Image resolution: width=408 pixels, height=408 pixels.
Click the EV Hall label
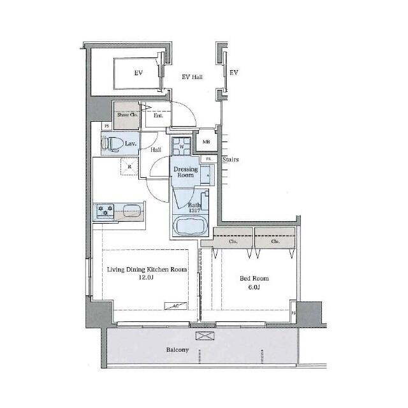click(x=192, y=78)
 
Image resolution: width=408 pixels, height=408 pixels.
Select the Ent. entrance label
click(x=158, y=115)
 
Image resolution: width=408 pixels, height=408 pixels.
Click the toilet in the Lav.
click(x=110, y=143)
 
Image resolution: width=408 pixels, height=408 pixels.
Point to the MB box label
click(x=207, y=142)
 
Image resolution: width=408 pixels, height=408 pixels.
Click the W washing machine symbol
click(x=182, y=147)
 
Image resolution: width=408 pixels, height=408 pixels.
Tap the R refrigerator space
click(x=129, y=167)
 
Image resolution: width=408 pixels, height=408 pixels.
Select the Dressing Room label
click(x=186, y=172)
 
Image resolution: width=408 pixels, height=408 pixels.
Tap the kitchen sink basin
click(x=132, y=210)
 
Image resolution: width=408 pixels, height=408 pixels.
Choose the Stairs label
click(x=230, y=159)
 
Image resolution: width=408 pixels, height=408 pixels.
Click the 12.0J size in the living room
click(x=147, y=279)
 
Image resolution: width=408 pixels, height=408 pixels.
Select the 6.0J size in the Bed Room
click(x=253, y=288)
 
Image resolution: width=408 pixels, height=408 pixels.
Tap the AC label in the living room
click(x=176, y=307)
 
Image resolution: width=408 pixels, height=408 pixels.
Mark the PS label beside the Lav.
click(x=98, y=127)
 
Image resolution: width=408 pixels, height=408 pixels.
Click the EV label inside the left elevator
click(x=138, y=73)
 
